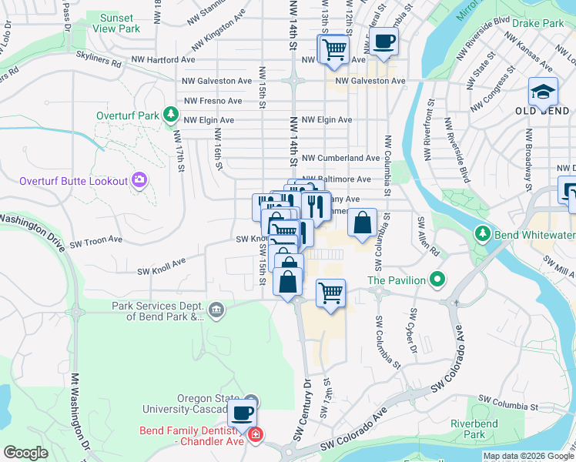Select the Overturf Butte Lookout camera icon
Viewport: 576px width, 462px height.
139,180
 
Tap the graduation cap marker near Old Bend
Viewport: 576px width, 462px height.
543,92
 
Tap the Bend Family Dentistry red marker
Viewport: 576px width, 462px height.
256,436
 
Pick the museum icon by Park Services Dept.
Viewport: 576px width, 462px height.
217,310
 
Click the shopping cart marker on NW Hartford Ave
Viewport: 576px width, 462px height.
333,50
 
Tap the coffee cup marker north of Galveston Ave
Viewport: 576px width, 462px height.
383,42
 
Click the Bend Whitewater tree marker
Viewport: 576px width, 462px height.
483,232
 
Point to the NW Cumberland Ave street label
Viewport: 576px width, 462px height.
340,158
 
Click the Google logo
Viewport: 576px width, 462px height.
25,453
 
